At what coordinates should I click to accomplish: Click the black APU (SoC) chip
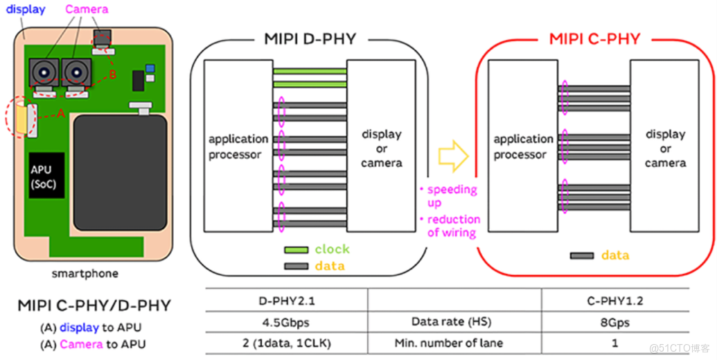[x=46, y=175]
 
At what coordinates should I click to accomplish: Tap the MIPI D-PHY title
[x=310, y=39]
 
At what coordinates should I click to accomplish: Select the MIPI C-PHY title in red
[x=594, y=39]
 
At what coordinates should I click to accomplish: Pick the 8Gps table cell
[x=615, y=323]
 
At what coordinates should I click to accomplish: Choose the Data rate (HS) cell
[x=451, y=322]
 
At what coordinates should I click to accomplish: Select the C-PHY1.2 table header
[x=615, y=302]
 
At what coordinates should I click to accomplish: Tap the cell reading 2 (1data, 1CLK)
[x=287, y=343]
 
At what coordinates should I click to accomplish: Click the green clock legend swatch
[x=296, y=250]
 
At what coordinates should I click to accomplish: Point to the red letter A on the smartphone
[x=60, y=114]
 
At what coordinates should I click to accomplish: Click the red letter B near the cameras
[x=112, y=75]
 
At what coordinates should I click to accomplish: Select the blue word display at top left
[x=26, y=9]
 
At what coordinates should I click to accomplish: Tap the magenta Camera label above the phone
[x=87, y=9]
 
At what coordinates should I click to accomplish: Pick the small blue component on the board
[x=150, y=69]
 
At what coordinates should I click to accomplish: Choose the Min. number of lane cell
[x=449, y=343]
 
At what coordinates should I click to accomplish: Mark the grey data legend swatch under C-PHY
[x=582, y=256]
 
